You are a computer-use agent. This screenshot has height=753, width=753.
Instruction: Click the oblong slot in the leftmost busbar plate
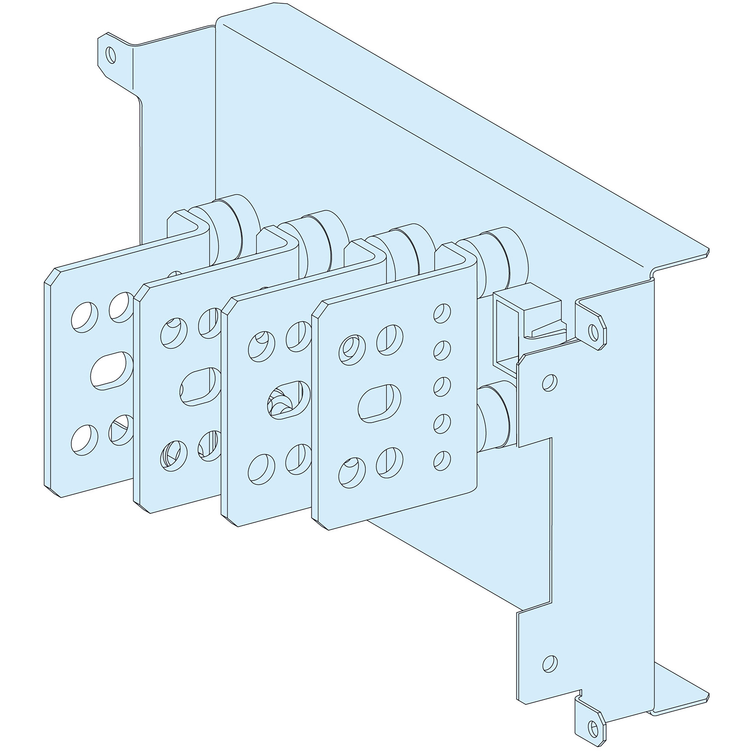tap(111, 370)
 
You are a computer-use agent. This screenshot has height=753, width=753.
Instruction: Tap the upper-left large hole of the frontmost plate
tap(352, 350)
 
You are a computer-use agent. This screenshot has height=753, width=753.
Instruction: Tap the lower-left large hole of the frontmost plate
tap(352, 472)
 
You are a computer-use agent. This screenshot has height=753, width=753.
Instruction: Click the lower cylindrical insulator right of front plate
tap(495, 417)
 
